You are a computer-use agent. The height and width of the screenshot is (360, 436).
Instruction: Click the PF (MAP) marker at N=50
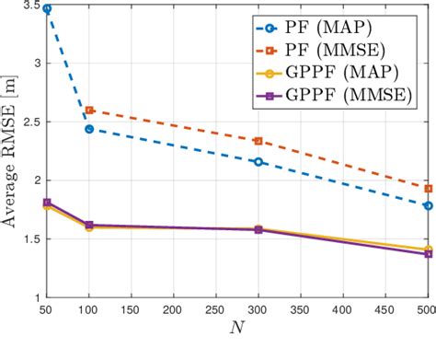(47, 8)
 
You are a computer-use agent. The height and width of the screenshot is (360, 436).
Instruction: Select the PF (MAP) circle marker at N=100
(89, 129)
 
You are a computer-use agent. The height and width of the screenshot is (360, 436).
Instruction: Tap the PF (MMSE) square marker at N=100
(89, 110)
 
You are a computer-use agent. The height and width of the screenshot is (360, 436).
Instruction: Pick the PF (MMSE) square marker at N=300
(258, 141)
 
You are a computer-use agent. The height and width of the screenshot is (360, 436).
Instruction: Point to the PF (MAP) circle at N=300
(258, 162)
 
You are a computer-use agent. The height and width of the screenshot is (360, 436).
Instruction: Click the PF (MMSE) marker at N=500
(428, 188)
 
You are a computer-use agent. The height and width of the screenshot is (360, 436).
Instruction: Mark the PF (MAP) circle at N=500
(428, 205)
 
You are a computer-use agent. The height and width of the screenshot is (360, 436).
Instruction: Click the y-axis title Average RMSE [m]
(10, 152)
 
